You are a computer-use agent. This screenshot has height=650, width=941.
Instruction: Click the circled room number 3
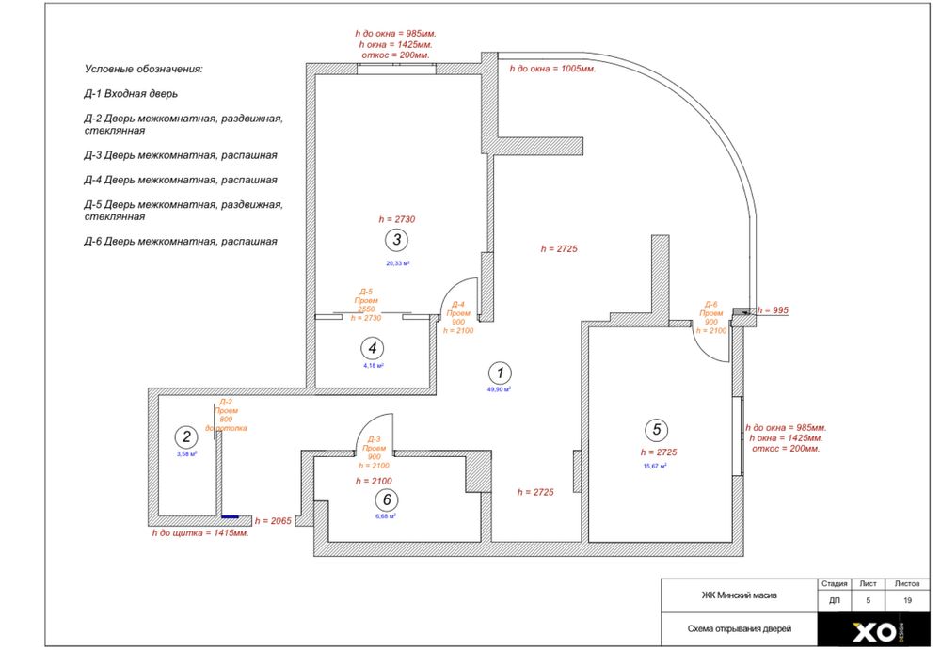(x=398, y=239)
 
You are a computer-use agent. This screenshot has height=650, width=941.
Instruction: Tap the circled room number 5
(x=657, y=430)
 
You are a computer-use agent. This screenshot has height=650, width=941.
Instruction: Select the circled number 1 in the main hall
(x=502, y=372)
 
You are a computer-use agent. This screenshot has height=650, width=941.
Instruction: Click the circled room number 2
(x=185, y=436)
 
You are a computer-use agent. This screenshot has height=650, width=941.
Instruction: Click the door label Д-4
(x=458, y=305)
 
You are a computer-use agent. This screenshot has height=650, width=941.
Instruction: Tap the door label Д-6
(x=712, y=305)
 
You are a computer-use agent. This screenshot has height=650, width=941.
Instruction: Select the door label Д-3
(x=373, y=439)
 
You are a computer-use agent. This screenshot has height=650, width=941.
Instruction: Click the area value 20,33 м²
(x=398, y=263)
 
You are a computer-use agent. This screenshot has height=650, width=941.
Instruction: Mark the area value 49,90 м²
(x=499, y=388)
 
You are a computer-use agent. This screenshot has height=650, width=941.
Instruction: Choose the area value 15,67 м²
(x=655, y=466)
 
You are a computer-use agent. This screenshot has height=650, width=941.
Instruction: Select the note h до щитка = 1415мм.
(x=200, y=533)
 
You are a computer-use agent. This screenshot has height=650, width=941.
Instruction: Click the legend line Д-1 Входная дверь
(x=130, y=94)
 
